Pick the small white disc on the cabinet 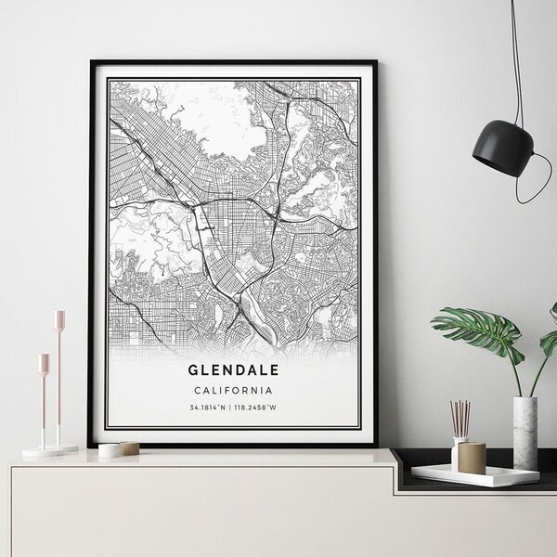coord(109,449)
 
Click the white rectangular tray coord(473,474)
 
